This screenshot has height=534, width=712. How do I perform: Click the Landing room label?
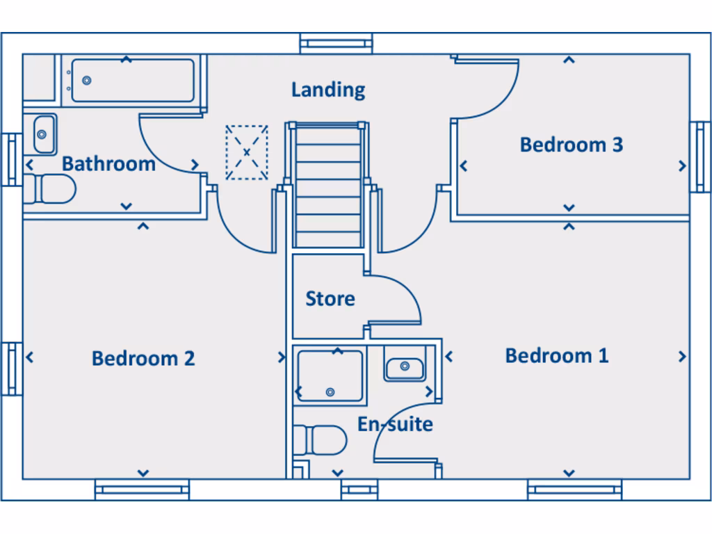pyautogui.click(x=328, y=90)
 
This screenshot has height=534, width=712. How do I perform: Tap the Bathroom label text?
pyautogui.click(x=108, y=164)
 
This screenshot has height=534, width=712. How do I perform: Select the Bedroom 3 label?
pyautogui.click(x=571, y=145)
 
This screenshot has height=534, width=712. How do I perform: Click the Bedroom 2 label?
pyautogui.click(x=143, y=358)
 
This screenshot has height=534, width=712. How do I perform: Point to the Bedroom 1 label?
pyautogui.click(x=556, y=355)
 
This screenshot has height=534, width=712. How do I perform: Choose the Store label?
pyautogui.click(x=330, y=299)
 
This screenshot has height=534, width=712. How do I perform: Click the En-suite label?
pyautogui.click(x=395, y=423)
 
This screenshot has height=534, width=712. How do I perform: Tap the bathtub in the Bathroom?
pyautogui.click(x=133, y=81)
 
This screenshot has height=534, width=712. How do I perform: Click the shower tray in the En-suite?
pyautogui.click(x=330, y=376)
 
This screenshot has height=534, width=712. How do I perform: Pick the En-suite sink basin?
pyautogui.click(x=405, y=366)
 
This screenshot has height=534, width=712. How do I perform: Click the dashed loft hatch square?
pyautogui.click(x=246, y=152)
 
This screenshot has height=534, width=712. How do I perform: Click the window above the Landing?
pyautogui.click(x=337, y=44)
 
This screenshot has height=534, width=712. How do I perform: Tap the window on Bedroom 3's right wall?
pyautogui.click(x=700, y=156)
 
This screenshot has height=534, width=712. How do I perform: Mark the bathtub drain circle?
pyautogui.click(x=87, y=81)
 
